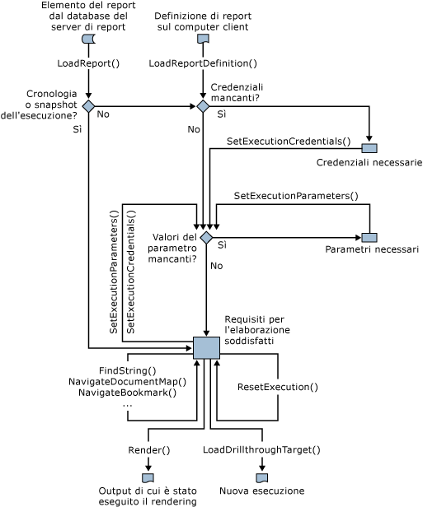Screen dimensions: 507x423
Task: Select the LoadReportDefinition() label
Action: click(x=203, y=63)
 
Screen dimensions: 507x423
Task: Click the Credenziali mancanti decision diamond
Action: click(x=203, y=106)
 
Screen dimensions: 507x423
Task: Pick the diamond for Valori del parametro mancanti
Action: click(x=206, y=238)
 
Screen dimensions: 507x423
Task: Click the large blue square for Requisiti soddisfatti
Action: click(x=206, y=348)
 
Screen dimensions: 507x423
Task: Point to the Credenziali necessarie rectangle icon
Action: click(x=369, y=147)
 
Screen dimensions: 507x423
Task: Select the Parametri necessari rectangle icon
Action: click(x=369, y=238)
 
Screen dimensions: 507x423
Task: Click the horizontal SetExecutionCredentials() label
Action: click(x=289, y=142)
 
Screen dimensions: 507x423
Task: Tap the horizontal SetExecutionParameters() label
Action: click(x=296, y=195)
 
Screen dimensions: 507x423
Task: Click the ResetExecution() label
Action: click(x=277, y=386)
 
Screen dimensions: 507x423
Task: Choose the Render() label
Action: click(x=149, y=450)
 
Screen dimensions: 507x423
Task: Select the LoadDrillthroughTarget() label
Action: click(x=261, y=450)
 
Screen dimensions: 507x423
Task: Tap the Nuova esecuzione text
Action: click(x=261, y=491)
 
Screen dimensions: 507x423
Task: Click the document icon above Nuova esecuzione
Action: click(x=262, y=477)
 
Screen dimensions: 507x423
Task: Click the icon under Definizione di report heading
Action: click(x=203, y=40)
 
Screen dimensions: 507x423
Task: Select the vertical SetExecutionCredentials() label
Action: click(x=131, y=272)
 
